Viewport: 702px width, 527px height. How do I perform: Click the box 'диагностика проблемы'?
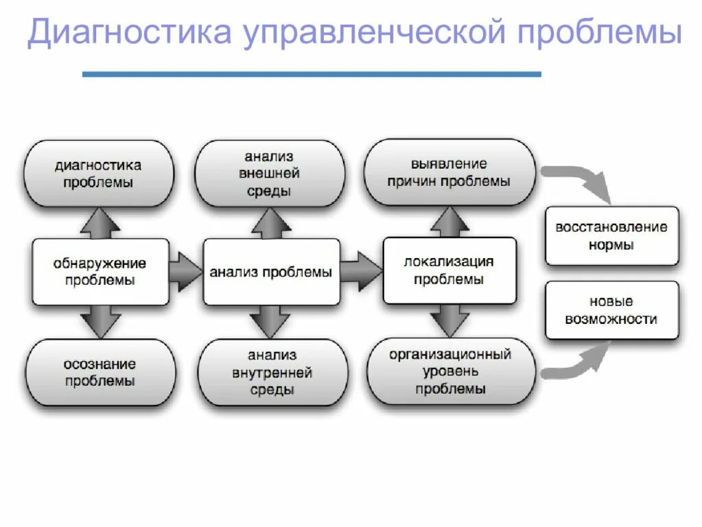pos(99,174)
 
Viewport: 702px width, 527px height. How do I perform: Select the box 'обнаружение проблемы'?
pos(100,272)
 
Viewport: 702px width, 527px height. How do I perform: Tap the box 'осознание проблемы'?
pos(100,372)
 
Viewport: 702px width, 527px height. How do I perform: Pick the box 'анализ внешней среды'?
pos(270,174)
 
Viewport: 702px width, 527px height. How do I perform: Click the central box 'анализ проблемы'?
pos(271,272)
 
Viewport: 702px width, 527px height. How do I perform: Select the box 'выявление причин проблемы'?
pos(449,172)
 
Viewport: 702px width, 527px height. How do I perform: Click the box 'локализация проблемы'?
pos(449,270)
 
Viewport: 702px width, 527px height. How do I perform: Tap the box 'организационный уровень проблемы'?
pos(450,371)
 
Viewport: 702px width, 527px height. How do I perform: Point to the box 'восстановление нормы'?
pos(611,235)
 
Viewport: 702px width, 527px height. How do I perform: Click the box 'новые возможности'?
pos(611,310)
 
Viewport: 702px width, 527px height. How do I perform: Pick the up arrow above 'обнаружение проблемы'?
pos(100,222)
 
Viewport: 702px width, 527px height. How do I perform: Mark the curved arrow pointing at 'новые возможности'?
pos(580,364)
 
